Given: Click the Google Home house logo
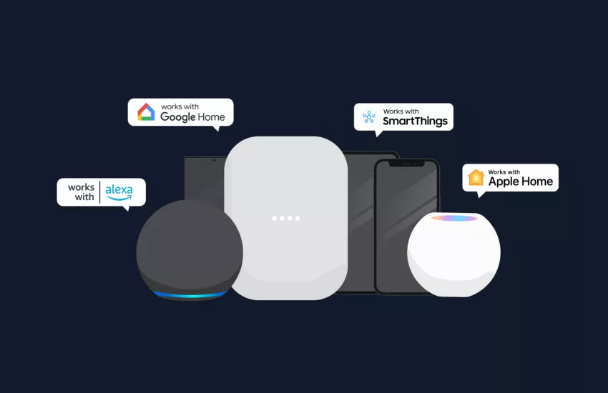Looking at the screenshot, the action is pyautogui.click(x=146, y=112).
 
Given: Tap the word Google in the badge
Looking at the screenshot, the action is pyautogui.click(x=177, y=117).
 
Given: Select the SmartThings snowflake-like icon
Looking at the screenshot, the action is pyautogui.click(x=369, y=116).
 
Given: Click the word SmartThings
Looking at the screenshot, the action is pyautogui.click(x=415, y=121).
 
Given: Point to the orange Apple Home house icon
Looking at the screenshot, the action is pyautogui.click(x=476, y=177).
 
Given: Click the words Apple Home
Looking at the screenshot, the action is pyautogui.click(x=520, y=181).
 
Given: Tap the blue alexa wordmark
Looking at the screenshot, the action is pyautogui.click(x=119, y=191).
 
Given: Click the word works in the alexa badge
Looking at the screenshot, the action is pyautogui.click(x=81, y=187).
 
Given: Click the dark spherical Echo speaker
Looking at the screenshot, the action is pyautogui.click(x=190, y=250).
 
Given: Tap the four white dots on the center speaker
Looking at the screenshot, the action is pyautogui.click(x=286, y=219).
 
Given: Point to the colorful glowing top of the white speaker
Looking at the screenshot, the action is pyautogui.click(x=454, y=219).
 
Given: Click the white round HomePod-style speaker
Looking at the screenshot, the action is pyautogui.click(x=453, y=255).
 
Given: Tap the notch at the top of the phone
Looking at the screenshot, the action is pyautogui.click(x=407, y=164).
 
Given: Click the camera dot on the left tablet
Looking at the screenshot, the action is pyautogui.click(x=214, y=160).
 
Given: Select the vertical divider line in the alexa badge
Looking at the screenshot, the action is pyautogui.click(x=99, y=192).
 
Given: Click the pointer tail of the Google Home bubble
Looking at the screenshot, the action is pyautogui.click(x=217, y=129).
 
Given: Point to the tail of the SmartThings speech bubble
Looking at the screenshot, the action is pyautogui.click(x=378, y=134).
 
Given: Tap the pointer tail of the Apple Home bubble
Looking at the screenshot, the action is pyautogui.click(x=481, y=194).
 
